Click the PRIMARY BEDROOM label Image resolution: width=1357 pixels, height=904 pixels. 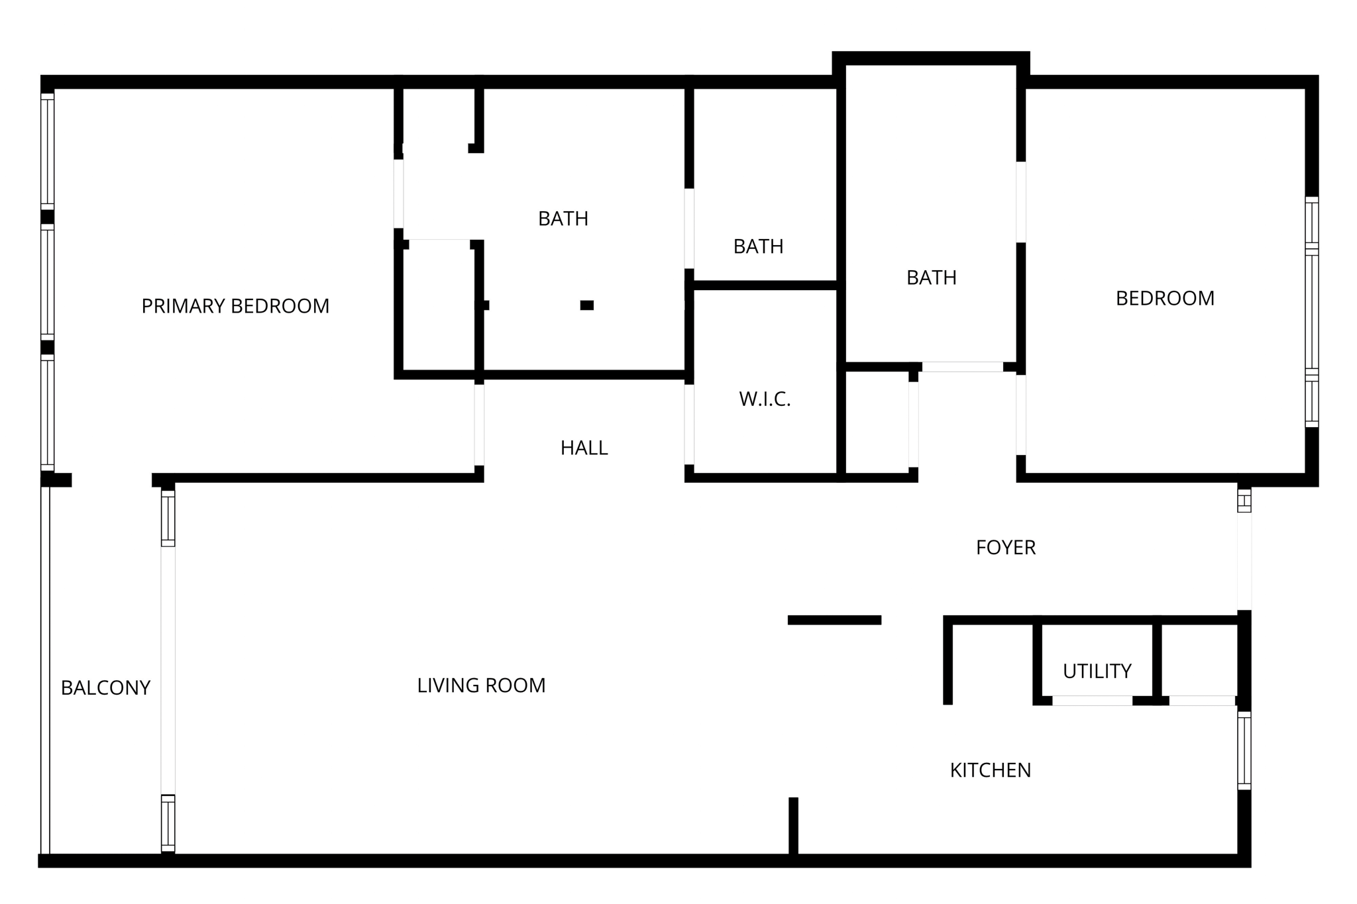(235, 306)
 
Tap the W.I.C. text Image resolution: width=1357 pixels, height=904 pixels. (765, 399)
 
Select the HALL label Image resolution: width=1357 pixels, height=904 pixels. (584, 448)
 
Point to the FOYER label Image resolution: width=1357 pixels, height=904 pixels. (1005, 548)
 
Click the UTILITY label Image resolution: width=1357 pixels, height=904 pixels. (1097, 672)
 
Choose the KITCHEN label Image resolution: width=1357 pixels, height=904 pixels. (990, 770)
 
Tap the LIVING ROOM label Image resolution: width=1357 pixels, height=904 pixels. (481, 685)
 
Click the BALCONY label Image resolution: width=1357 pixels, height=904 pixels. (105, 688)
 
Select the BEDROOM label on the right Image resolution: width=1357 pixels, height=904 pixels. (1165, 299)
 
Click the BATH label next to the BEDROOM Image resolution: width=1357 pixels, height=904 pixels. (931, 277)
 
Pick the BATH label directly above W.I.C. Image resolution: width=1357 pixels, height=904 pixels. (758, 246)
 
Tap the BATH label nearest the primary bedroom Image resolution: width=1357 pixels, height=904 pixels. (563, 219)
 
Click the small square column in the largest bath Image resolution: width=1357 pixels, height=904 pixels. (586, 305)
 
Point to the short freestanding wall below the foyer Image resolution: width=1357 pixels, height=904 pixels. (834, 620)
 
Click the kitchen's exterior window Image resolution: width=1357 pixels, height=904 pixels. (1244, 750)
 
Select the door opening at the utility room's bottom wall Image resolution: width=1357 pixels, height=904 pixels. (1092, 700)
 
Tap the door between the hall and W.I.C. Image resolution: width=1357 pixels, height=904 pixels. (689, 425)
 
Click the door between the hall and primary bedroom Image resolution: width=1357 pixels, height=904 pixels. (479, 425)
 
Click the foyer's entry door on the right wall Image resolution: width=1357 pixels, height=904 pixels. (1244, 562)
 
